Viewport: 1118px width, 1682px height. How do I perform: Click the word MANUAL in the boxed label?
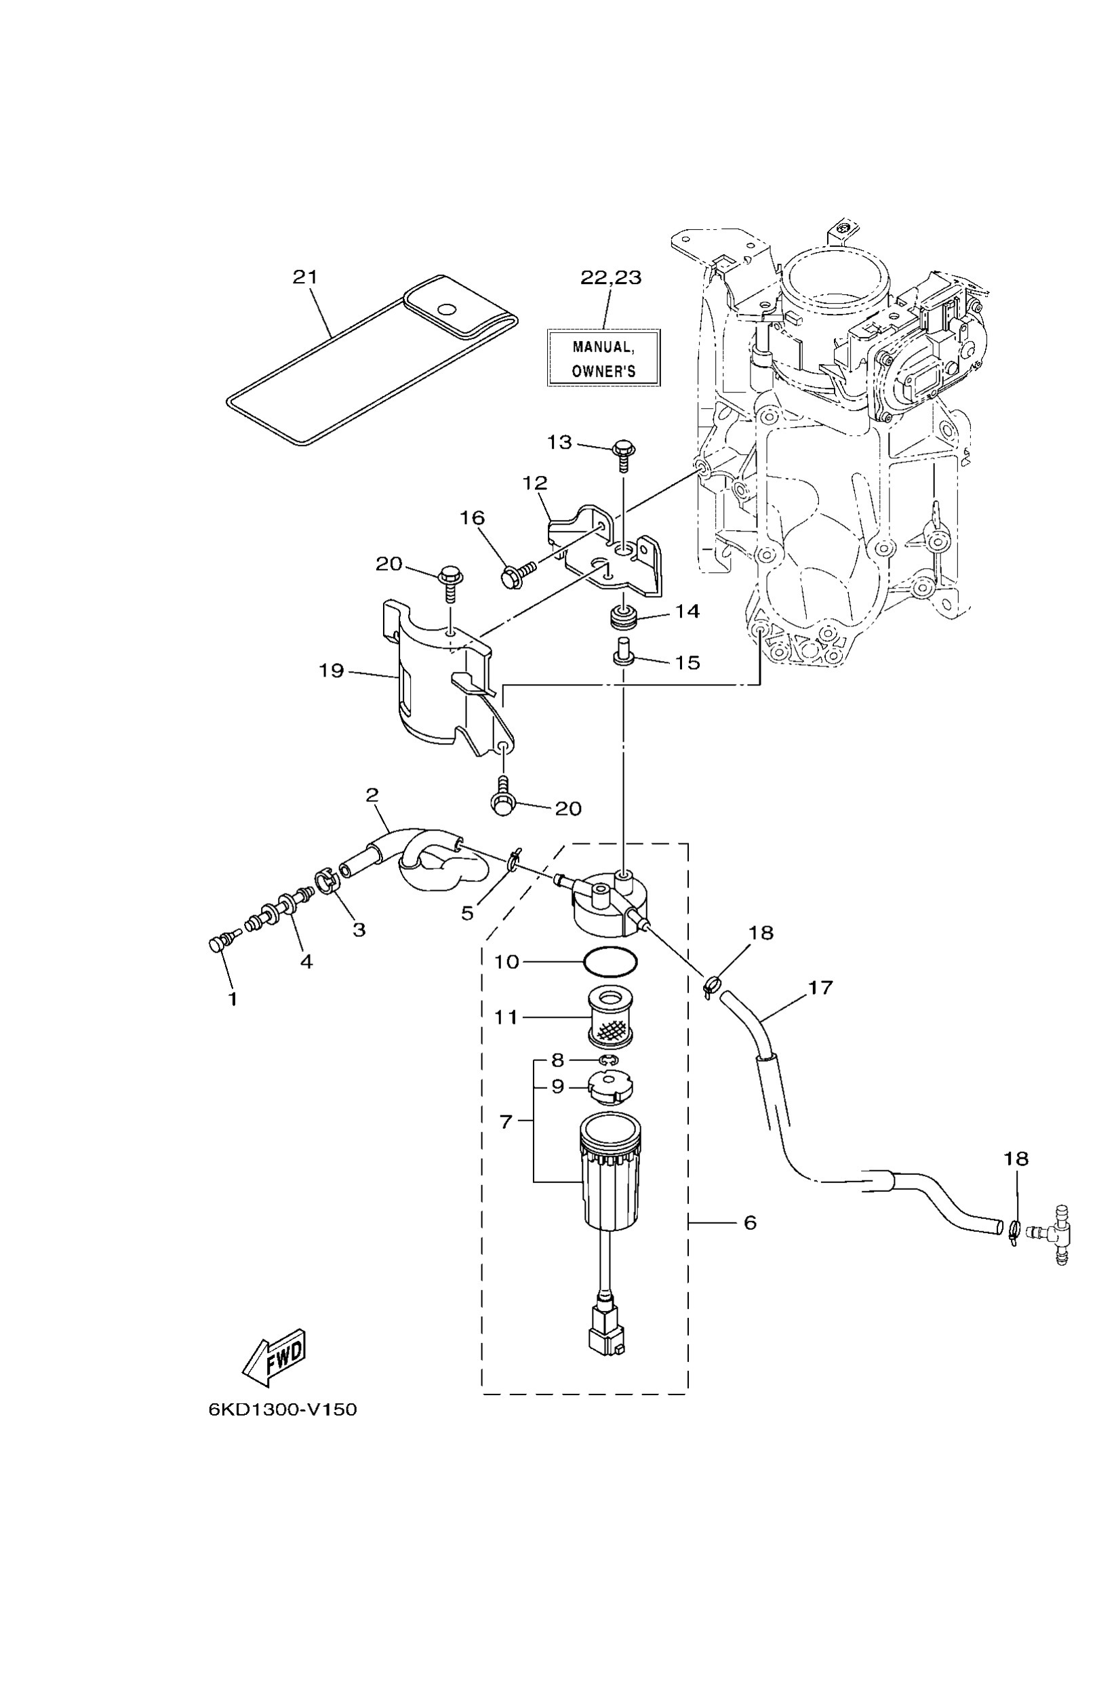603,347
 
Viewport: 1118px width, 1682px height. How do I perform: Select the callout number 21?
305,277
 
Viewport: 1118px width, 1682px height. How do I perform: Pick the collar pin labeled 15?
624,652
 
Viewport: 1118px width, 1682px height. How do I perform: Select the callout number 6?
749,1222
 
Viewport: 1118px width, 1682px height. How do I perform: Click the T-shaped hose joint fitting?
1055,1233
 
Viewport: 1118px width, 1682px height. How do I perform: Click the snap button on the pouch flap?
447,309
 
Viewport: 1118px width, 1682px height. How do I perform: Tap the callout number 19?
332,670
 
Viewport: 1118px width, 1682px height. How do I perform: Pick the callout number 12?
535,483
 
